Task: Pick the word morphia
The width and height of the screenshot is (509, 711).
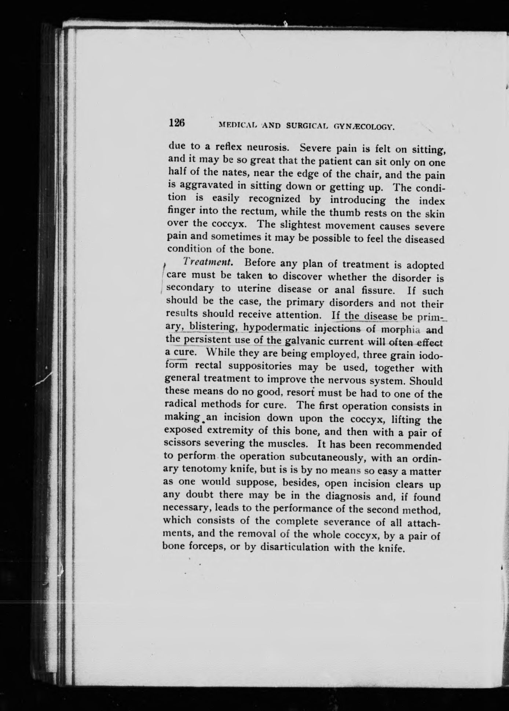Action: tap(401, 329)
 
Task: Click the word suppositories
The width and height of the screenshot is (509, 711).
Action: tap(263, 366)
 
